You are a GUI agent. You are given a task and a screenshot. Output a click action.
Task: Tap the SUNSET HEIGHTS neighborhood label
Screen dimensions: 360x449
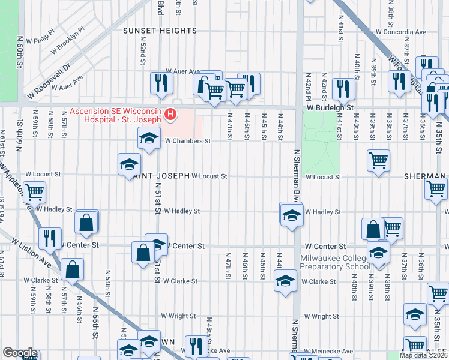pos(160,30)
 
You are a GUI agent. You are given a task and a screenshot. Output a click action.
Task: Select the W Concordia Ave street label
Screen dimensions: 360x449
pos(401,32)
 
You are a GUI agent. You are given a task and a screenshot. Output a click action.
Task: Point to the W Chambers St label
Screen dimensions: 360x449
pos(188,141)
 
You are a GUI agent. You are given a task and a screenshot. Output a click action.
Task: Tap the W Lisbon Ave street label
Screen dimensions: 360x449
pos(31,252)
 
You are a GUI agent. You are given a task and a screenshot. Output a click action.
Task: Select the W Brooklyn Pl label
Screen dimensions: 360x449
pos(68,40)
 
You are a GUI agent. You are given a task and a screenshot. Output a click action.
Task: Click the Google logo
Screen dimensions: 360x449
pos(20,353)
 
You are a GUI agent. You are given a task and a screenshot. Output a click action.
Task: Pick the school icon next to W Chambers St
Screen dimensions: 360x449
pos(149,139)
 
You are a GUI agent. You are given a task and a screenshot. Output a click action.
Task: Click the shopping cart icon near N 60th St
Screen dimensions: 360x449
pos(34,192)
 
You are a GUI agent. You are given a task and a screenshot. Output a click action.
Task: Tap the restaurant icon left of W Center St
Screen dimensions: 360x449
pos(50,238)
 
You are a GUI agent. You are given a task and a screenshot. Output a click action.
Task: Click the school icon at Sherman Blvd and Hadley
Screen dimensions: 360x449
pos(291,214)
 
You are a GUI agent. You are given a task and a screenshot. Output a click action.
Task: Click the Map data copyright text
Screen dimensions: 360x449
pos(423,355)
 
